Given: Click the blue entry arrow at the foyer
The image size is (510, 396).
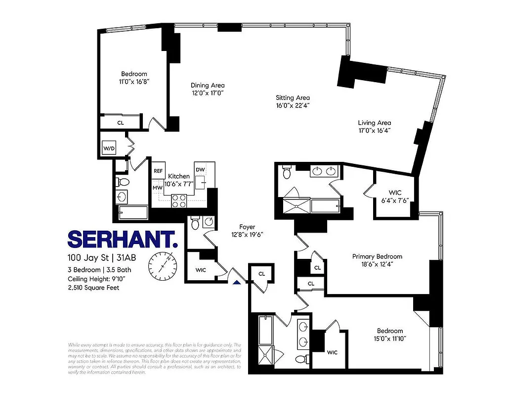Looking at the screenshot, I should pyautogui.click(x=237, y=282).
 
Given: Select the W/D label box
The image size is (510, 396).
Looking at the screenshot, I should pyautogui.click(x=109, y=148).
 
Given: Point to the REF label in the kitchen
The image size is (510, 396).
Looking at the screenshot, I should pyautogui.click(x=158, y=171).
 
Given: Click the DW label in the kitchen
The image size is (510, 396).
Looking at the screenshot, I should pyautogui.click(x=200, y=169).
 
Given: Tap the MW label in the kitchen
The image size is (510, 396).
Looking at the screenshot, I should pyautogui.click(x=158, y=188).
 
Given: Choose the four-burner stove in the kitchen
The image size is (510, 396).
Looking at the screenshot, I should pyautogui.click(x=178, y=200).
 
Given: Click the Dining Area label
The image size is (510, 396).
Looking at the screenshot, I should pyautogui.click(x=208, y=85).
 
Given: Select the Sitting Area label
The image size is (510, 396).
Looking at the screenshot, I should pyautogui.click(x=293, y=98).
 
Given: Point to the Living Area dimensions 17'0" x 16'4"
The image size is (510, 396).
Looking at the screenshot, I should pyautogui.click(x=374, y=131).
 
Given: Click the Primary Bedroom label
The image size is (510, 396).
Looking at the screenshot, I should pyautogui.click(x=377, y=256).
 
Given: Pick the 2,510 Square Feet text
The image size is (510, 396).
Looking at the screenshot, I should pyautogui.click(x=93, y=287).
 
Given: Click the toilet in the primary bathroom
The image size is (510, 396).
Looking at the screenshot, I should pyautogui.click(x=287, y=173).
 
